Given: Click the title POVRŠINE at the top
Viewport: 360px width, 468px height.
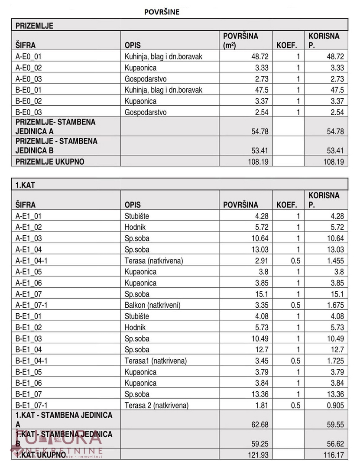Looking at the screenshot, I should (162, 12).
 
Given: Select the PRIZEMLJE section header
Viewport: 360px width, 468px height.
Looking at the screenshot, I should (35, 26).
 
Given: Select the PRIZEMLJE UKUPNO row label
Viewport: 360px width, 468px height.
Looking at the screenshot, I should (50, 162).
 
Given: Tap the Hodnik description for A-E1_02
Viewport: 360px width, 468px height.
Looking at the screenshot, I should (135, 227).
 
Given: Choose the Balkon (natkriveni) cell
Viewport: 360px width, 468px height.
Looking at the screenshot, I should (152, 305).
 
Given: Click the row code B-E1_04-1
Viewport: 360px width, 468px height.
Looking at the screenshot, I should (32, 361).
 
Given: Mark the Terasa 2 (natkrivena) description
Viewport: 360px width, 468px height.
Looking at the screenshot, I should (157, 406).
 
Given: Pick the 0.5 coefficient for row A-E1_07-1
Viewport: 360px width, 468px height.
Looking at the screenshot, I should (295, 305).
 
